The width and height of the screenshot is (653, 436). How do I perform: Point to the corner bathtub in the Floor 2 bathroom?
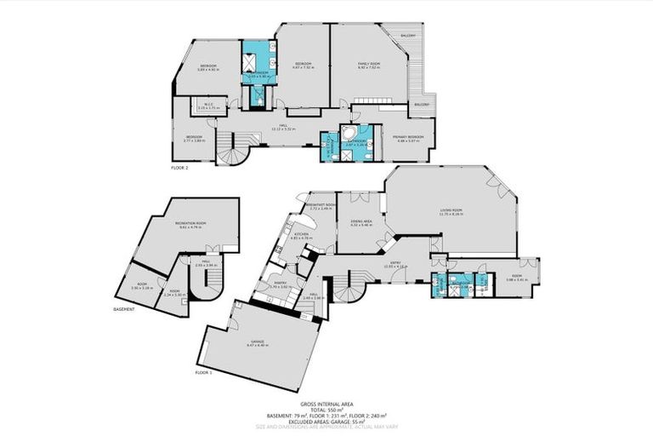pyautogui.click(x=348, y=134)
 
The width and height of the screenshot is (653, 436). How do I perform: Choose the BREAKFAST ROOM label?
pyautogui.click(x=321, y=205)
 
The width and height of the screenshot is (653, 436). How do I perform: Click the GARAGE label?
pyautogui.click(x=256, y=343)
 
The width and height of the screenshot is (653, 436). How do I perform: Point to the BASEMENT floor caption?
pyautogui.click(x=125, y=309)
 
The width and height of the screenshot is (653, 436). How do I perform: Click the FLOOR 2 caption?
pyautogui.click(x=179, y=169)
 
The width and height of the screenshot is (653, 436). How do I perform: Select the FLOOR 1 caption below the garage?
pyautogui.click(x=202, y=373)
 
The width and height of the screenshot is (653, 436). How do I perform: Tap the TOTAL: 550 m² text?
pyautogui.click(x=326, y=410)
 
